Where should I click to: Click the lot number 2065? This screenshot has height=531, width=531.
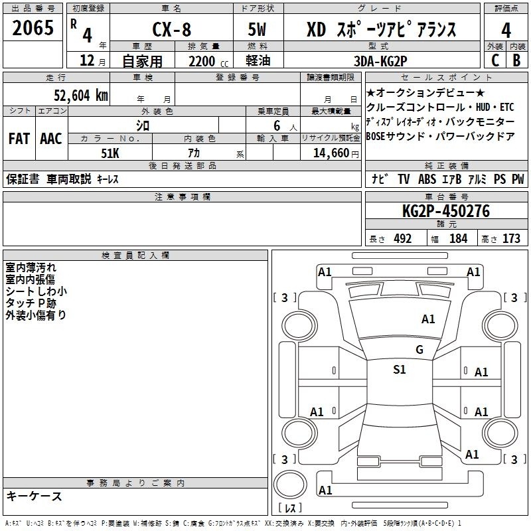coord(33,28)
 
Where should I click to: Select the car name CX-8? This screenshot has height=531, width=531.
coord(172,29)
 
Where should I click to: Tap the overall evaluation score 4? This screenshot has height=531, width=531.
coord(506,31)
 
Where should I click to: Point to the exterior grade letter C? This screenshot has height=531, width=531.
coord(495,60)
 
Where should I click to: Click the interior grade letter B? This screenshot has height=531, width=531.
coord(516,60)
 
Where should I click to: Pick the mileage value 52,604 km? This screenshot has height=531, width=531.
coord(81,96)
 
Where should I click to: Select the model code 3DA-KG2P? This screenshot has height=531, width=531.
coord(380,61)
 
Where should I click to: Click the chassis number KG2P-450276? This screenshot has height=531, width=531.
coord(446,211)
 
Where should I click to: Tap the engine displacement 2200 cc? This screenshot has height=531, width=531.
coord(208,61)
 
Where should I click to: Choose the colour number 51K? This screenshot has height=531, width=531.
coord(110,153)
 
